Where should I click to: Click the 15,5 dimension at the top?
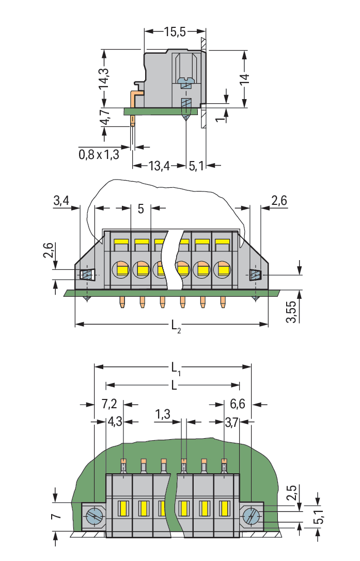[175, 32]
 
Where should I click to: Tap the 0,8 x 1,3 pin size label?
[99, 154]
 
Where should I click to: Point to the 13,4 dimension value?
[159, 166]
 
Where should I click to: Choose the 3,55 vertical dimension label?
[292, 311]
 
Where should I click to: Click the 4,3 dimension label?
[114, 422]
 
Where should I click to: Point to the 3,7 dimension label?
[232, 422]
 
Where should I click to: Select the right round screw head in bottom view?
[252, 516]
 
